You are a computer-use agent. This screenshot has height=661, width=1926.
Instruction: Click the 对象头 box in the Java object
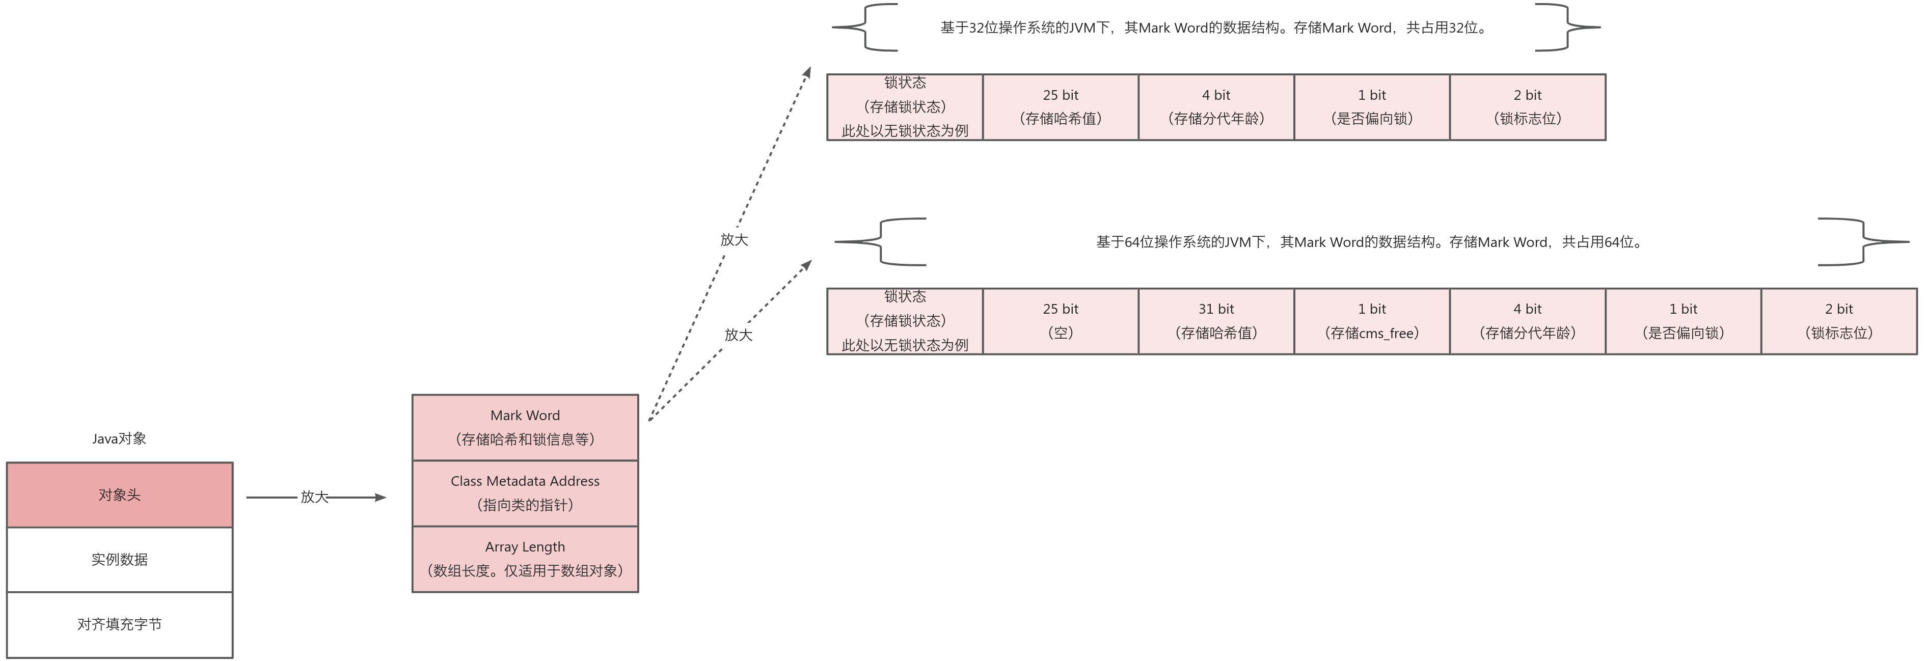click(120, 495)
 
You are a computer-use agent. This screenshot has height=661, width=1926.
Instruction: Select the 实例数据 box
click(120, 559)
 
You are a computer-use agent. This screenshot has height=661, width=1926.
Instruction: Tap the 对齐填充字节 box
click(120, 624)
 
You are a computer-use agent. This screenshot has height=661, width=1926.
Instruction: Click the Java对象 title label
click(120, 439)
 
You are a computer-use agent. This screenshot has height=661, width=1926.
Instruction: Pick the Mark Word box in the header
click(525, 427)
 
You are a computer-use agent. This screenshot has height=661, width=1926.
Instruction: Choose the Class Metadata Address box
click(525, 493)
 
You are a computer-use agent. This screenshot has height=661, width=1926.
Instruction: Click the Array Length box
click(525, 559)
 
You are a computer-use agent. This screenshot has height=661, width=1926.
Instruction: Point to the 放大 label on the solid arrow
click(314, 497)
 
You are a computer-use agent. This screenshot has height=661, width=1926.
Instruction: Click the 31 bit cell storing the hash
click(1216, 321)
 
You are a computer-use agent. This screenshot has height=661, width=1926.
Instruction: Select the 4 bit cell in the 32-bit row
click(1216, 107)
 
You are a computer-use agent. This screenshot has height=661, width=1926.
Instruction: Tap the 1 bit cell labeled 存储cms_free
click(1371, 321)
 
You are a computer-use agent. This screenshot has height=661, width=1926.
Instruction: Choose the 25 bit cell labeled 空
click(1060, 321)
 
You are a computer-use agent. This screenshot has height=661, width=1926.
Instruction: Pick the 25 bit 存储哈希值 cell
click(1060, 107)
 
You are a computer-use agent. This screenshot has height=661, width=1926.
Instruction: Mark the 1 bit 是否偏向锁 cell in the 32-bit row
click(1371, 107)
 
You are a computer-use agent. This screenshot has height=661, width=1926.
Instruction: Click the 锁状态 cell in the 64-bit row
click(905, 321)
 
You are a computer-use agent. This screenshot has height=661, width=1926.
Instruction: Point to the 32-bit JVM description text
click(1215, 27)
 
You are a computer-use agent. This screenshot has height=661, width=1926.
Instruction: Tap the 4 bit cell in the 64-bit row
click(1528, 321)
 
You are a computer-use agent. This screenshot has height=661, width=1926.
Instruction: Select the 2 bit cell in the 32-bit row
click(1528, 107)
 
